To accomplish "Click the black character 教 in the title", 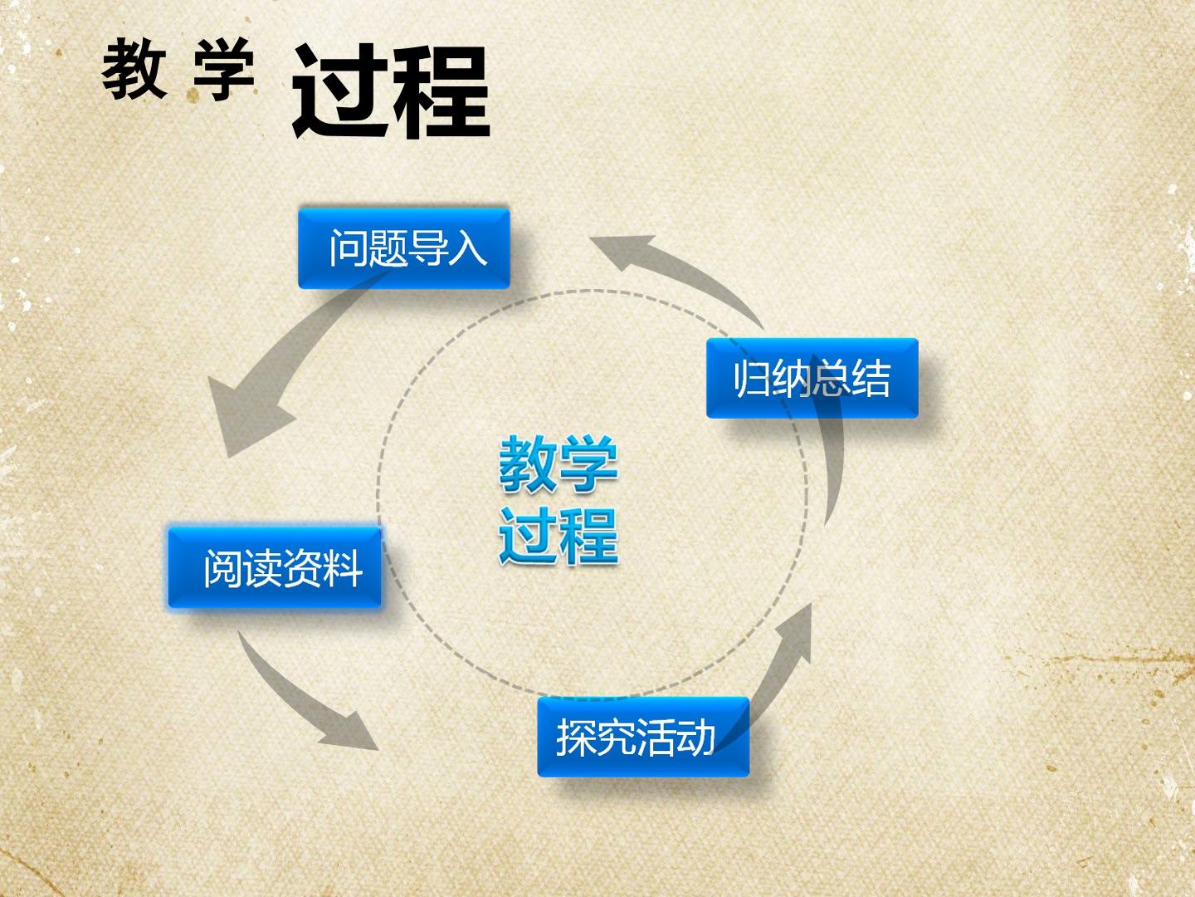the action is [134, 69].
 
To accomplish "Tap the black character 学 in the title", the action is [224, 69].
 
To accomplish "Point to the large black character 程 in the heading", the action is [441, 91].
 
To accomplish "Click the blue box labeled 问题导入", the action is [404, 248].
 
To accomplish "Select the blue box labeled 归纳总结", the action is [812, 378].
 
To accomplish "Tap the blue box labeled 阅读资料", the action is [275, 567].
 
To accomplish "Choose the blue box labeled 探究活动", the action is [643, 737].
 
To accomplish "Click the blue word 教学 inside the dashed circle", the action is [558, 464].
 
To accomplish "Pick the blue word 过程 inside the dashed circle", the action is [558, 536].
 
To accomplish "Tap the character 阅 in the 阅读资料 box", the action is [223, 568].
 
